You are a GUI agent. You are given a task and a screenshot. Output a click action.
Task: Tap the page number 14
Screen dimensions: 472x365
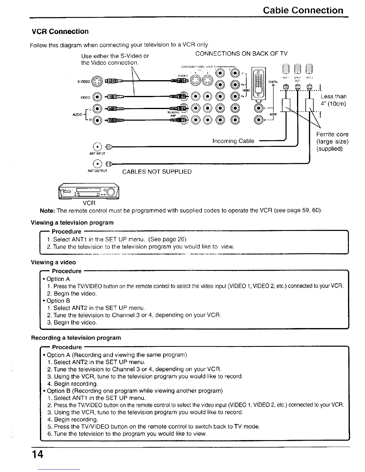click(38, 454)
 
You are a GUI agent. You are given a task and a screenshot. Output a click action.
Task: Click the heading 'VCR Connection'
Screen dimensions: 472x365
click(60, 32)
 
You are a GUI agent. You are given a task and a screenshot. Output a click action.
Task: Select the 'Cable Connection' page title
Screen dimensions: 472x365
click(303, 10)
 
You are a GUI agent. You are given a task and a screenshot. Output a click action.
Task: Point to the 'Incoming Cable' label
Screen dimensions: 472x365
click(233, 141)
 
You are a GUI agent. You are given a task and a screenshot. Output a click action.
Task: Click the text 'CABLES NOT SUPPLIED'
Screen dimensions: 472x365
click(157, 172)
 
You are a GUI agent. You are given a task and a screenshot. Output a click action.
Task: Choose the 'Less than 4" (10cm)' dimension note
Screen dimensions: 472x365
click(333, 100)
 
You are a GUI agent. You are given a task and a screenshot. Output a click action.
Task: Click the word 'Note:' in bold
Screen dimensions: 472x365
click(47, 211)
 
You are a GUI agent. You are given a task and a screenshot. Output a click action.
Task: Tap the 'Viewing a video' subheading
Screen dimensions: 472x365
click(53, 262)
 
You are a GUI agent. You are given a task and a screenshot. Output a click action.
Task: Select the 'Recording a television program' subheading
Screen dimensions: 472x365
click(76, 338)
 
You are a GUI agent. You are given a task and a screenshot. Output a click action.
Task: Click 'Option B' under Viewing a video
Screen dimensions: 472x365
click(58, 301)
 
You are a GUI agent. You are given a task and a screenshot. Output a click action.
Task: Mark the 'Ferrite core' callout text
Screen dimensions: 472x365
click(332, 134)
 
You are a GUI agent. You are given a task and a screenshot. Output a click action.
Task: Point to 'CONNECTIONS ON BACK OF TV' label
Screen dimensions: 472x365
click(241, 54)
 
